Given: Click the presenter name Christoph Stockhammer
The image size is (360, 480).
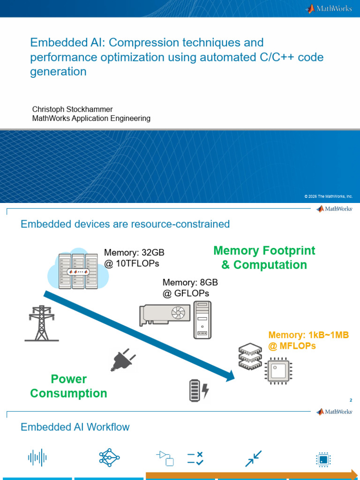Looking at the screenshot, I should [x=72, y=109].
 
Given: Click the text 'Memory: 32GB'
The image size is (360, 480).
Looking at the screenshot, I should [x=134, y=253].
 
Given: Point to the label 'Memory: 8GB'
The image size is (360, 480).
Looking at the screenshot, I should [x=190, y=283].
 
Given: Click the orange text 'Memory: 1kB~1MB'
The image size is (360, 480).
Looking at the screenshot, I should [x=308, y=335].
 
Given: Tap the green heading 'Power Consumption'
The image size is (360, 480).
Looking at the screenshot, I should [x=68, y=386].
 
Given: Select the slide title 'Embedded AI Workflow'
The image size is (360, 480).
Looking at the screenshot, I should [x=75, y=427].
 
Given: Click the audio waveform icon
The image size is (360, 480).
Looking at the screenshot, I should [x=37, y=457].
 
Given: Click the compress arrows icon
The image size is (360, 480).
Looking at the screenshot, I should [x=253, y=458].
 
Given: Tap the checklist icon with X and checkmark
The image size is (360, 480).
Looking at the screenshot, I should [x=195, y=458].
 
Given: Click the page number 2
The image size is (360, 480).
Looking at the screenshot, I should [x=351, y=400].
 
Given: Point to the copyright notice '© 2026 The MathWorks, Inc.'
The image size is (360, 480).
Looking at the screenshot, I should [x=328, y=196].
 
